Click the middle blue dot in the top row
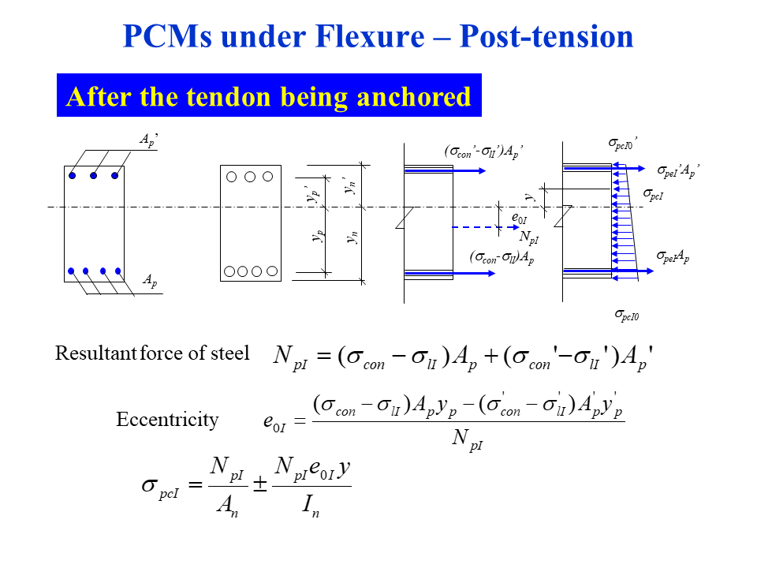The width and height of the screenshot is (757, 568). point(93,175)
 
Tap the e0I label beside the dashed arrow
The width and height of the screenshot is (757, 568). point(519,218)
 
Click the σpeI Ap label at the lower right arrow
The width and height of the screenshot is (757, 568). point(673,256)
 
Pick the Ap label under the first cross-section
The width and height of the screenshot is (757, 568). point(148,281)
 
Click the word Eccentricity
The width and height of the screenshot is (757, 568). point(167,419)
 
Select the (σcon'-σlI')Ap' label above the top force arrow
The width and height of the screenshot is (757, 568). point(483,151)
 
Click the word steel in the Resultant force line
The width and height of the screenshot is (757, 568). point(231,353)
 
